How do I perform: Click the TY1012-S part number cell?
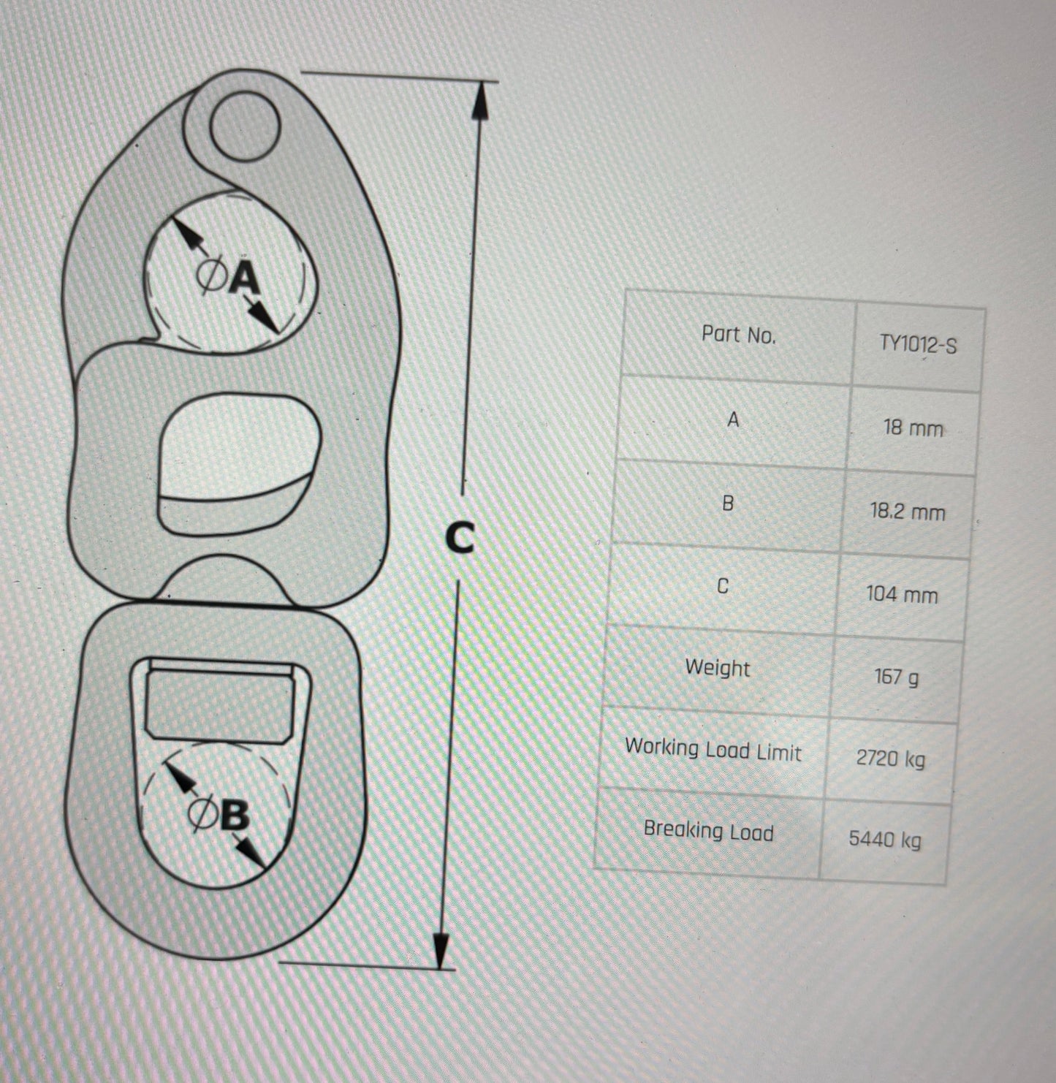click(x=918, y=344)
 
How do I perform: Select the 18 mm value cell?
click(x=913, y=428)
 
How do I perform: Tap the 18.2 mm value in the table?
click(x=908, y=512)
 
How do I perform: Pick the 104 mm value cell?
click(x=902, y=594)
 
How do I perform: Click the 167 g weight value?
click(x=896, y=677)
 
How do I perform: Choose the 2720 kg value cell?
click(x=891, y=759)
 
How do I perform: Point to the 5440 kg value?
click(x=885, y=839)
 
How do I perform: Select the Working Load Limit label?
click(x=713, y=750)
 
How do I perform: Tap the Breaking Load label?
click(x=709, y=830)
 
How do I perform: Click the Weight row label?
click(x=718, y=667)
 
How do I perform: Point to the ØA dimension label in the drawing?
click(x=228, y=276)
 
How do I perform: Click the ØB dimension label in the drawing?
click(x=219, y=816)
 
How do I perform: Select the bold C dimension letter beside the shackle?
click(x=460, y=538)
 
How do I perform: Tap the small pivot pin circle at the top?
click(x=244, y=127)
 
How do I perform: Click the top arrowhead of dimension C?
click(x=480, y=100)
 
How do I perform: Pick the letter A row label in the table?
click(x=733, y=419)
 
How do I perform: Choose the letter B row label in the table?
click(x=728, y=503)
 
